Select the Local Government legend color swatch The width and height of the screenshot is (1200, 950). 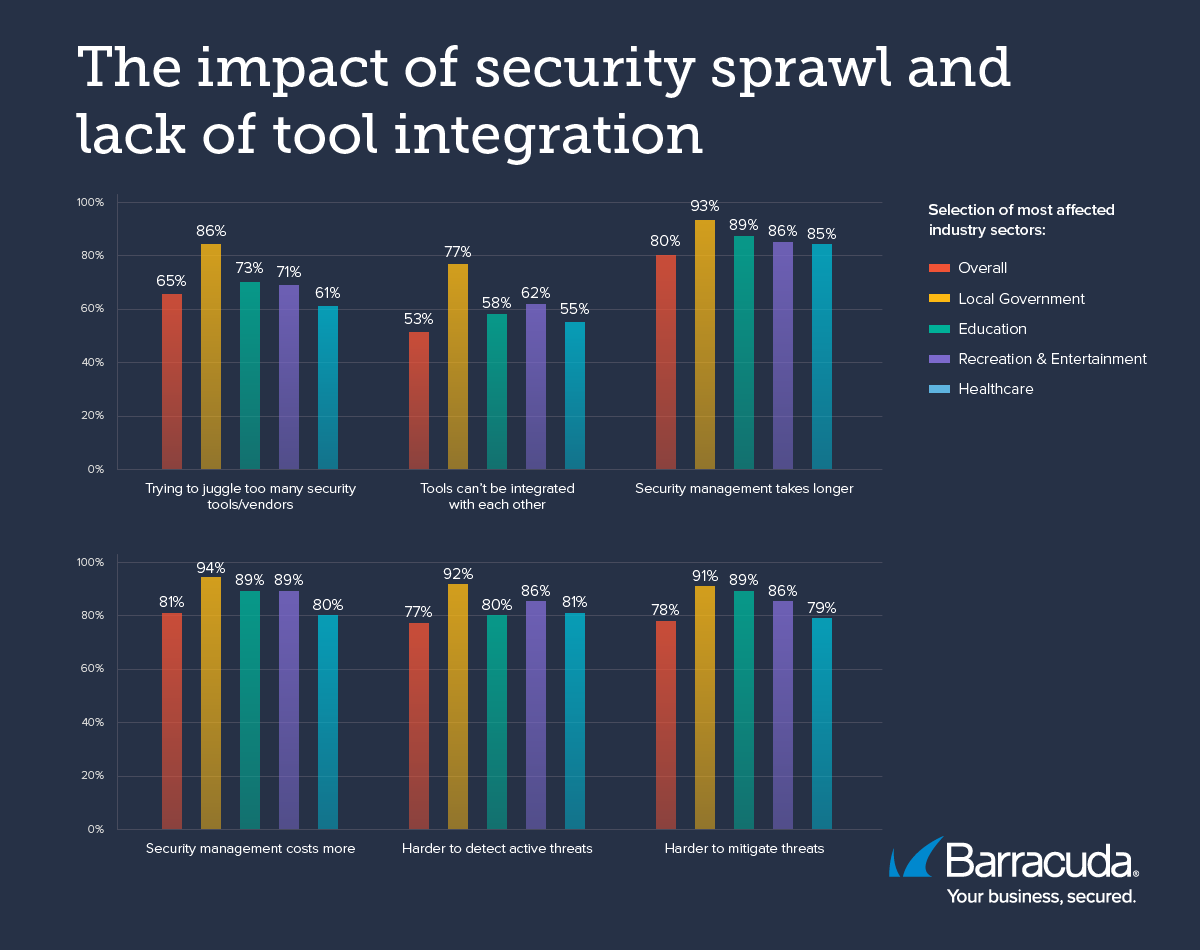tap(939, 298)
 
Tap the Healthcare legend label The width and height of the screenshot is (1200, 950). tap(995, 389)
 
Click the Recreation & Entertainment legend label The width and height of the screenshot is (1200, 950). tap(1052, 359)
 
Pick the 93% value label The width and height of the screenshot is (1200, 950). tap(705, 206)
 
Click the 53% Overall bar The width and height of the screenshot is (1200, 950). tap(419, 400)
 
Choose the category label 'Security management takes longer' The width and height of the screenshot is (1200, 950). tap(744, 489)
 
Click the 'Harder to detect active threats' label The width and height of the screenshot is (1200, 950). tap(497, 849)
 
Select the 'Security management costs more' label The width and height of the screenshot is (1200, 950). tap(251, 849)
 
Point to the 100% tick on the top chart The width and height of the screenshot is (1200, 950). tap(90, 202)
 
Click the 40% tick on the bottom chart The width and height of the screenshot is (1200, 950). tap(92, 722)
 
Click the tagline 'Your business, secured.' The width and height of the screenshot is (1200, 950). tap(1041, 896)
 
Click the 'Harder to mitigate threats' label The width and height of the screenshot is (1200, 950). tap(744, 849)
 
